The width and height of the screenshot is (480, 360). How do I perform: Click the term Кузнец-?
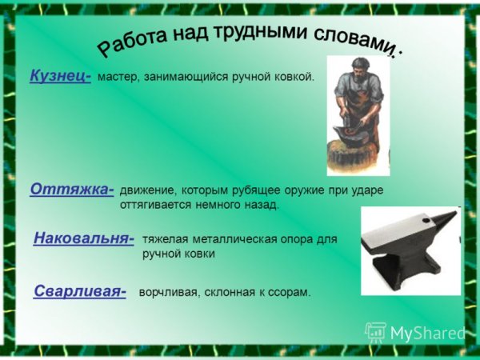tap(60, 76)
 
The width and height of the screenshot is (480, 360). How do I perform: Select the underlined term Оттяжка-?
tap(71, 190)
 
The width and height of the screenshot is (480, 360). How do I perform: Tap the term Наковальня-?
tap(83, 238)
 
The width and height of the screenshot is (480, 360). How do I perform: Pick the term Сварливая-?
tap(80, 292)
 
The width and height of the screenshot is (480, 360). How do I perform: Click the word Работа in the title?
tap(131, 43)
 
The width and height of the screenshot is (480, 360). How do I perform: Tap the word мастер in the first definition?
tap(116, 78)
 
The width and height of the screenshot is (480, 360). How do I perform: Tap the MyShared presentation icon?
tap(375, 331)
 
